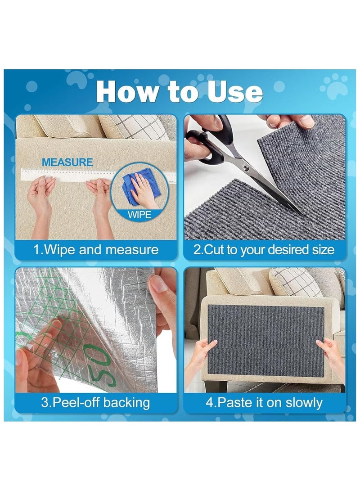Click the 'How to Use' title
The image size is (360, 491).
(179, 91)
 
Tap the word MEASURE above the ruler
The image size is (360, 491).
(67, 162)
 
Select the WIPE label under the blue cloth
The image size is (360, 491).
(139, 215)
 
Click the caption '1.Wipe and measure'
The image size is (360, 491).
(96, 250)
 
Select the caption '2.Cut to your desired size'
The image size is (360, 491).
(264, 250)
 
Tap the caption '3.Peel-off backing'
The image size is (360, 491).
(95, 402)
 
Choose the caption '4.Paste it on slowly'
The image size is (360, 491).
(264, 402)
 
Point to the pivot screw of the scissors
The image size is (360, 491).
(247, 167)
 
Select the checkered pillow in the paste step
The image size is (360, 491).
(296, 282)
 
